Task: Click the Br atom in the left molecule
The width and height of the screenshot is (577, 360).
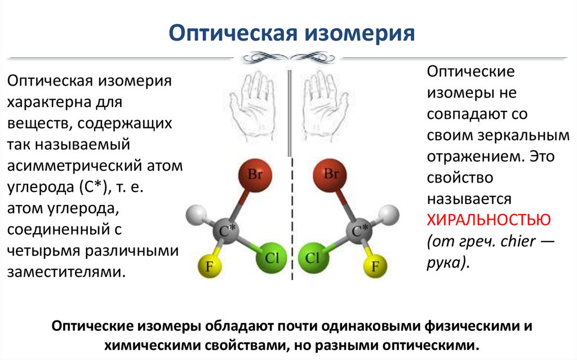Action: coord(254,176)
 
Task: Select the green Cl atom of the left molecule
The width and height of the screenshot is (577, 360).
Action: coord(272,258)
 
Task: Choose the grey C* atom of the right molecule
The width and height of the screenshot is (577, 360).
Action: coord(359,230)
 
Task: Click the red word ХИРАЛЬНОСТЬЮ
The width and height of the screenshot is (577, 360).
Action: coord(490,219)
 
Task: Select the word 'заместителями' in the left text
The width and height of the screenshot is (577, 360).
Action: coord(64,272)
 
